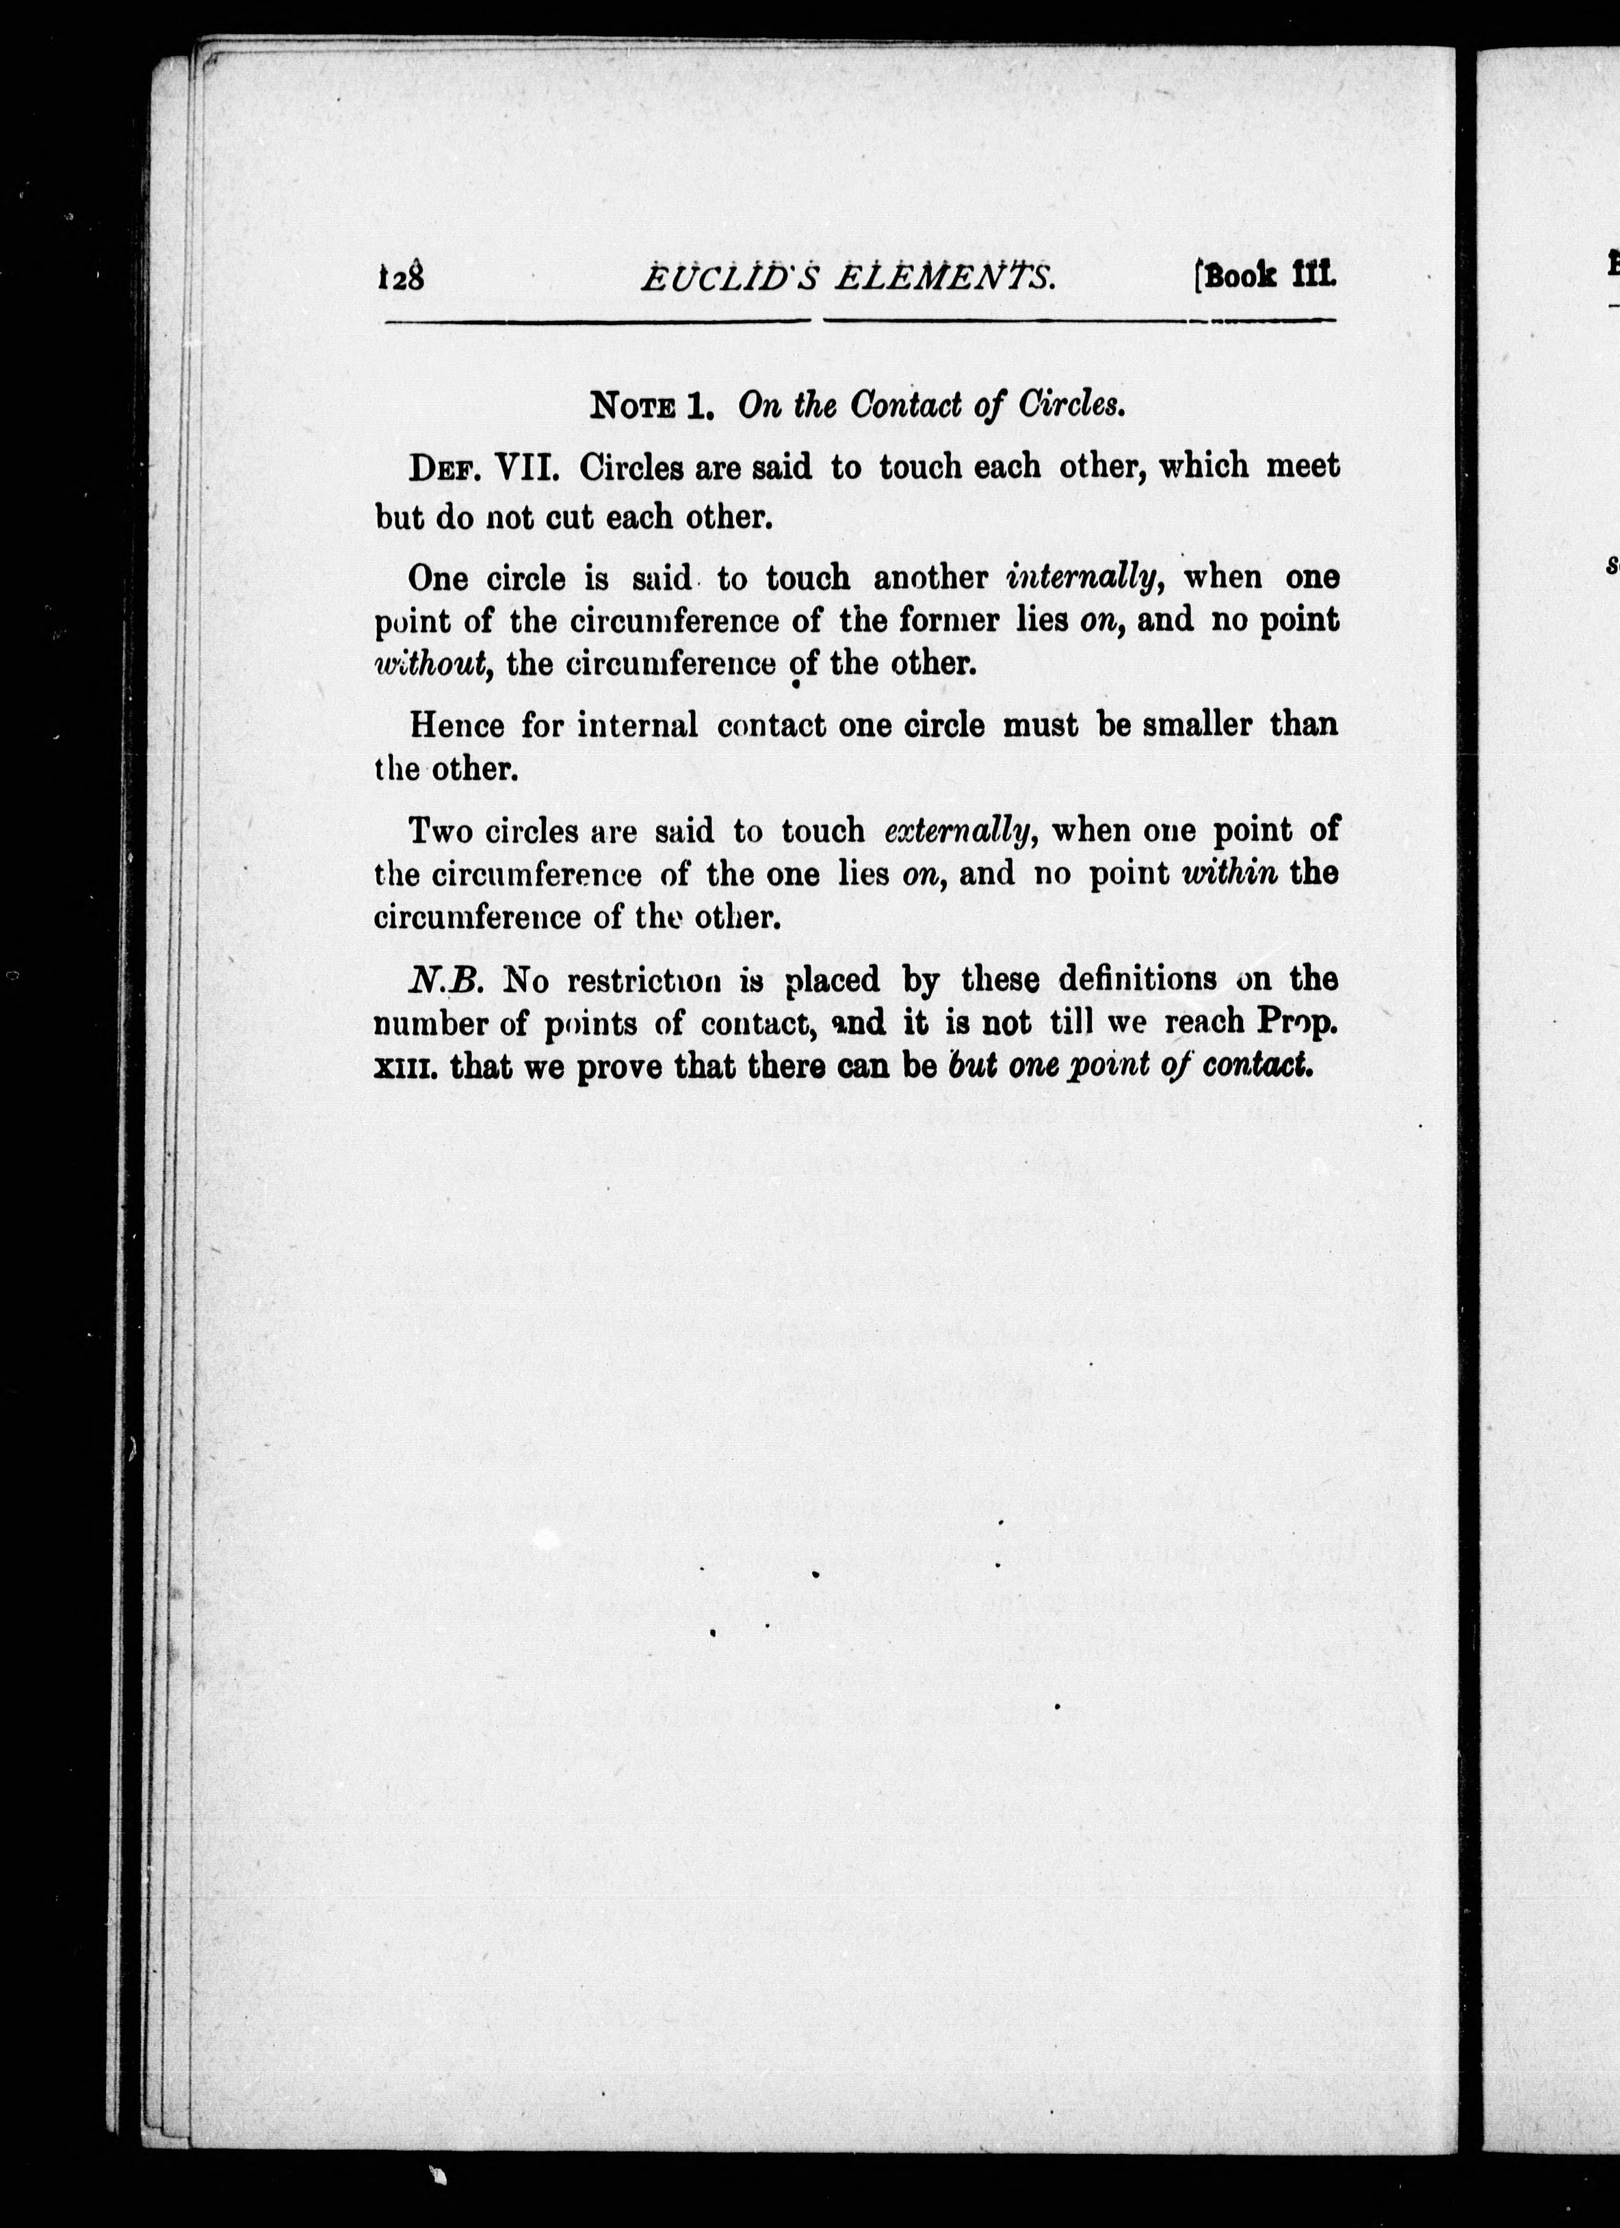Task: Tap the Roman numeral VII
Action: pyautogui.click(x=529, y=467)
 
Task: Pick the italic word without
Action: pyautogui.click(x=432, y=664)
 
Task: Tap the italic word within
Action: pyautogui.click(x=1231, y=873)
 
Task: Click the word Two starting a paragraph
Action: pyautogui.click(x=439, y=832)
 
